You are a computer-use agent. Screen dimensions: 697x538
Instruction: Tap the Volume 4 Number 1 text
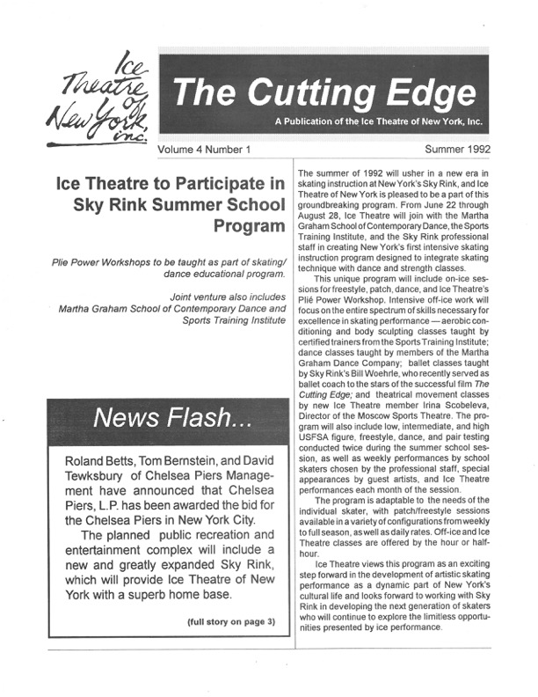point(203,150)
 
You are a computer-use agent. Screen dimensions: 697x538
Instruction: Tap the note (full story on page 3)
point(230,622)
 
